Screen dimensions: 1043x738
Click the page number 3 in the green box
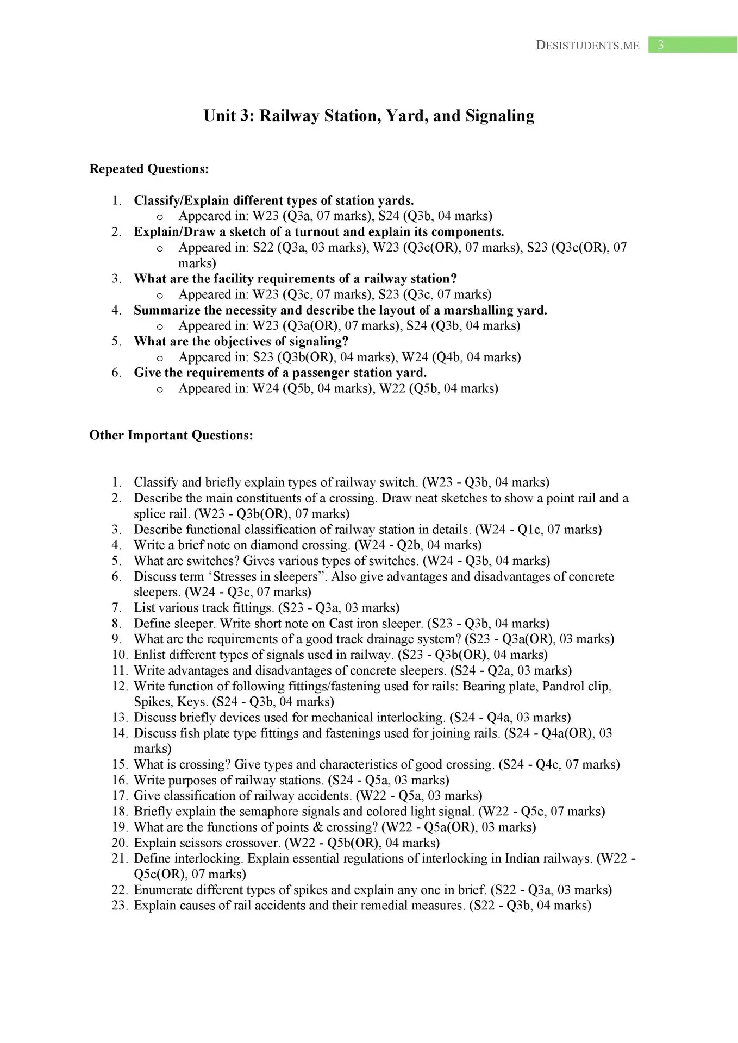point(660,46)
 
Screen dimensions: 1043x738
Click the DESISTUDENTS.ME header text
point(587,46)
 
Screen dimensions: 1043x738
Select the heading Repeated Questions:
point(149,169)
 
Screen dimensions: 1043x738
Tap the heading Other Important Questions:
point(171,436)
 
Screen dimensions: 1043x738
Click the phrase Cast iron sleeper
point(384,624)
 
